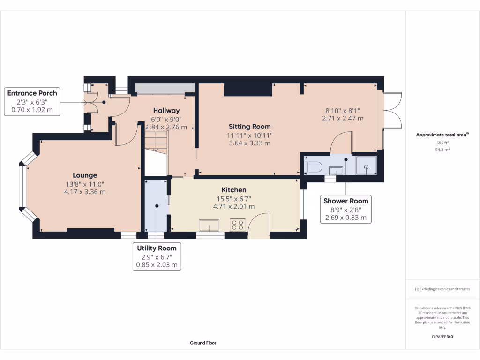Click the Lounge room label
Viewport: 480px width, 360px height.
click(85, 175)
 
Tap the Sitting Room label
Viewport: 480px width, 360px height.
click(250, 127)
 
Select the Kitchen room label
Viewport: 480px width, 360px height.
click(234, 190)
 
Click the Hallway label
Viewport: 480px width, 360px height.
click(166, 111)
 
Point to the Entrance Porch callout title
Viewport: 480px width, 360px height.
click(32, 93)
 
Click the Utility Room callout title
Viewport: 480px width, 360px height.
click(157, 248)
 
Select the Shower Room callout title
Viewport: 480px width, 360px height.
click(346, 201)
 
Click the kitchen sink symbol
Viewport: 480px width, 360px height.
click(209, 225)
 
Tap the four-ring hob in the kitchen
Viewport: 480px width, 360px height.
click(238, 225)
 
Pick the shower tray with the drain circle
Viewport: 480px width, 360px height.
click(367, 165)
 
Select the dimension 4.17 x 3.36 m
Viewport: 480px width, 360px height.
click(85, 192)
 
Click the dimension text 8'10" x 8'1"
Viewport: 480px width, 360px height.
click(343, 111)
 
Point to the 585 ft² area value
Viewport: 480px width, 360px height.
click(442, 142)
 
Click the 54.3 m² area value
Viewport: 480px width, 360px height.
click(442, 150)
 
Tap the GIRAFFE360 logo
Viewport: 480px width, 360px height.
click(442, 337)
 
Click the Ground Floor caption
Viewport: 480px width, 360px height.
click(203, 343)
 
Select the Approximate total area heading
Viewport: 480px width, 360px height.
click(442, 135)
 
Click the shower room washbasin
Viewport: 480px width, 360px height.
click(336, 171)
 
